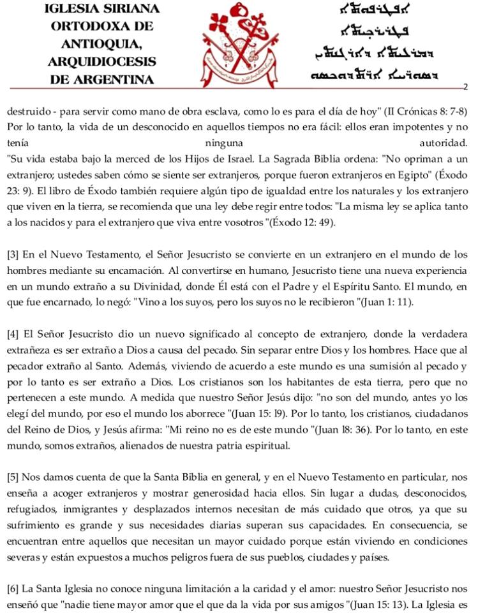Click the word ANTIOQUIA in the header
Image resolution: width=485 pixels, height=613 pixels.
coord(102,44)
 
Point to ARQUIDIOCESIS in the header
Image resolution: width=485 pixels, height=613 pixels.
coord(102,62)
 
